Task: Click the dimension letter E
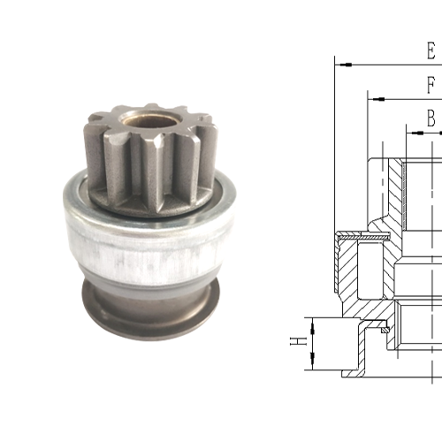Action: (x=431, y=50)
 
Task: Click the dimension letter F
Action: (x=431, y=86)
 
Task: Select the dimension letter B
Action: (x=431, y=117)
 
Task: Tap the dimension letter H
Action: (x=300, y=339)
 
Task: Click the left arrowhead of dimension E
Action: (x=340, y=65)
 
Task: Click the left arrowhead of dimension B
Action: (x=411, y=131)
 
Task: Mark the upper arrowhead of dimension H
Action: (x=312, y=319)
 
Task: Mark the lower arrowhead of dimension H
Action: (x=312, y=365)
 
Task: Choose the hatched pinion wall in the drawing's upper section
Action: (x=394, y=190)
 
